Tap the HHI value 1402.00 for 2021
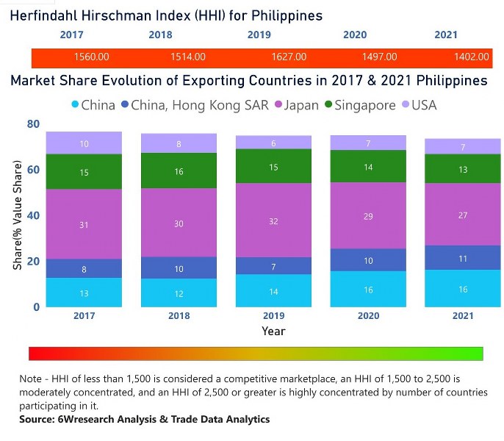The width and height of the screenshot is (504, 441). tap(471, 57)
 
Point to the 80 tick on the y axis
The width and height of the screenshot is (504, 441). tap(32, 124)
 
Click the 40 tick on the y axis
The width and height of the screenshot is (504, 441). tap(32, 215)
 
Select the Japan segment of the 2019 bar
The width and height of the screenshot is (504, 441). tap(274, 220)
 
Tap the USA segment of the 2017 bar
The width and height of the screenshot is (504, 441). tap(84, 143)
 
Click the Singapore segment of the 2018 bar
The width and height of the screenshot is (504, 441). tap(179, 171)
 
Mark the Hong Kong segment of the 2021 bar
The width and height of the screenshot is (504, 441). tap(462, 258)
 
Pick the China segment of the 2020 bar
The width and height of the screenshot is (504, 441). tap(368, 289)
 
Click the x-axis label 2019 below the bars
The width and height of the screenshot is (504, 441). tap(274, 316)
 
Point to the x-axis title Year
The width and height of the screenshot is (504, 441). tap(273, 331)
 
